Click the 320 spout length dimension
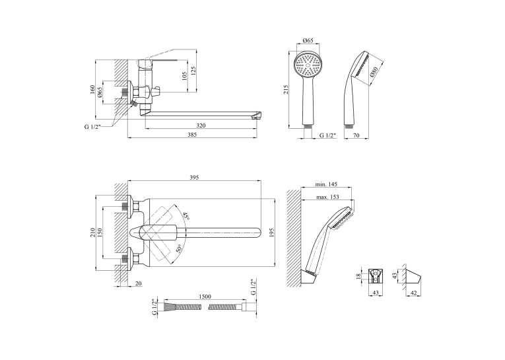click(201, 126)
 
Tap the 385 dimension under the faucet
click(192, 135)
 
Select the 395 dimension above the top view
click(194, 177)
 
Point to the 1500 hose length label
click(205, 297)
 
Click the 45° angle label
click(186, 215)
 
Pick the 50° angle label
click(179, 248)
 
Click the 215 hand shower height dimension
click(286, 89)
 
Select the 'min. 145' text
click(326, 184)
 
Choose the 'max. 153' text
click(327, 197)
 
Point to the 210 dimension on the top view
click(93, 233)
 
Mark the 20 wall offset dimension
click(139, 283)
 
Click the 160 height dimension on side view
click(93, 89)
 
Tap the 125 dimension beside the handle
click(193, 71)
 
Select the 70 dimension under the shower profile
click(356, 135)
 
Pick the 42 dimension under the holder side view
click(413, 293)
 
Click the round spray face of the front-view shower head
click(308, 65)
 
